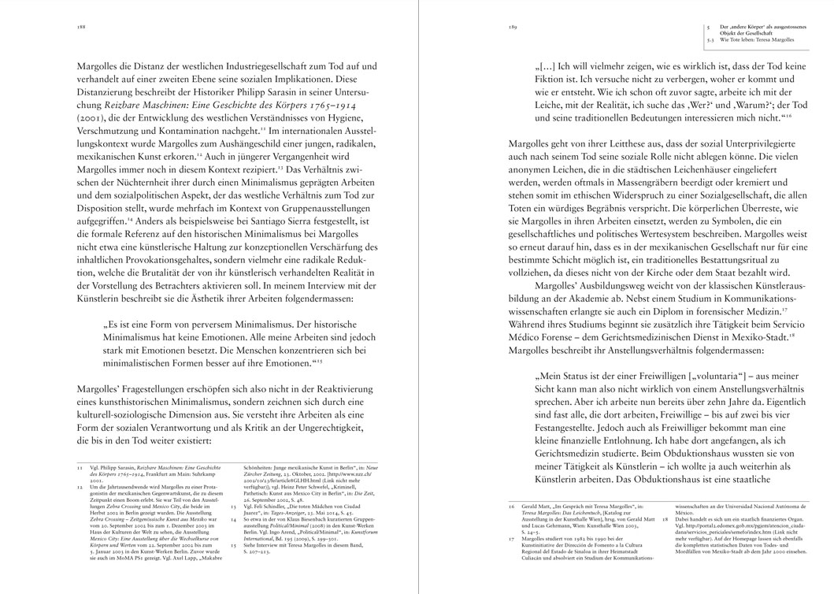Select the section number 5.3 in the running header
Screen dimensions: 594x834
tap(712, 39)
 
